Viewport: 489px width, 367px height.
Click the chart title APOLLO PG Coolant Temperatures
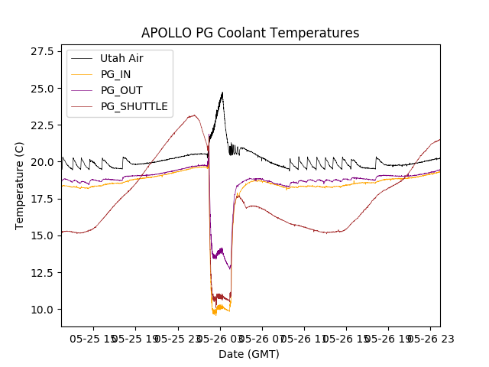click(x=250, y=33)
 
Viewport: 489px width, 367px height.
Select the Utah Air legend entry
click(x=121, y=58)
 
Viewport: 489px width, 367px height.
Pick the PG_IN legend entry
click(x=115, y=74)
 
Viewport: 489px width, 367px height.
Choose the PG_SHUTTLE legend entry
click(x=134, y=106)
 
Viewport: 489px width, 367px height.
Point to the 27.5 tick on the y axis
click(x=40, y=51)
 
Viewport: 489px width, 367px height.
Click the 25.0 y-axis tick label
click(x=40, y=88)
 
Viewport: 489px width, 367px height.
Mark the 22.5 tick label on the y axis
click(x=40, y=125)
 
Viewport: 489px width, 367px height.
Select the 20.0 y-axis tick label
click(x=40, y=162)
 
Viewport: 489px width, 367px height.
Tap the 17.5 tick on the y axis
click(x=40, y=199)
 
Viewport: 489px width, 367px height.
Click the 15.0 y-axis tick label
click(x=40, y=235)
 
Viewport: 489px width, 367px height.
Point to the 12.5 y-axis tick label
click(x=40, y=272)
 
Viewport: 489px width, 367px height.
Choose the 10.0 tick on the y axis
click(x=40, y=309)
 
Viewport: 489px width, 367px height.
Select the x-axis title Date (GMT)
click(x=249, y=354)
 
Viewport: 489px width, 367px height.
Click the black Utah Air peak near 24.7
click(x=222, y=93)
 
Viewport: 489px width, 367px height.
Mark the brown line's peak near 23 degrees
click(x=194, y=115)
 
